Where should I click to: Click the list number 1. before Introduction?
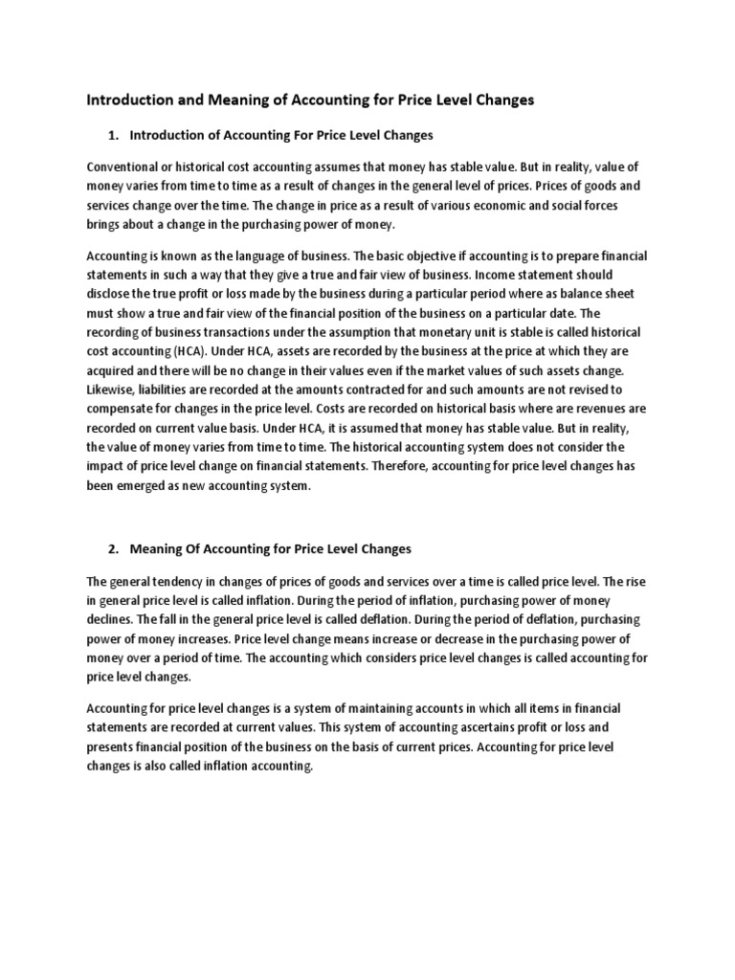[113, 135]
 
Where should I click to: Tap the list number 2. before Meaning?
[113, 548]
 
